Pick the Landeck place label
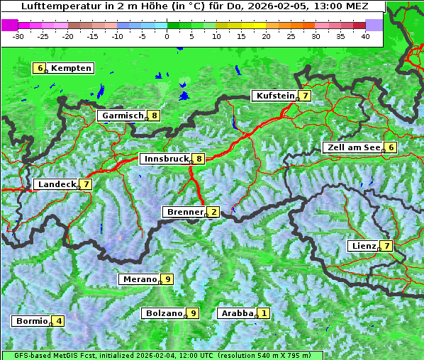pyautogui.click(x=57, y=184)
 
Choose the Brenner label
pyautogui.click(x=184, y=212)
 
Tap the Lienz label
pyautogui.click(x=364, y=246)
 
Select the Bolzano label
pyautogui.click(x=164, y=313)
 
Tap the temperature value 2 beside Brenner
pyautogui.click(x=213, y=212)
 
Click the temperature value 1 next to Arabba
pyautogui.click(x=264, y=313)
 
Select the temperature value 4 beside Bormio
pyautogui.click(x=59, y=321)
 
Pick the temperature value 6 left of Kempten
pyautogui.click(x=40, y=68)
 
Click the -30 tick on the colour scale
pyautogui.click(x=19, y=36)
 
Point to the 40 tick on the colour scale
pyautogui.click(x=365, y=36)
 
